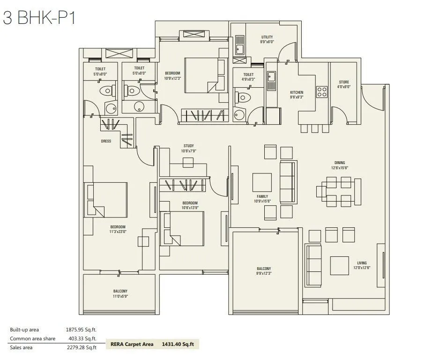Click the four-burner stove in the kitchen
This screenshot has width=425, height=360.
[x=321, y=92]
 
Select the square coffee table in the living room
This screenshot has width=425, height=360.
[x=339, y=265]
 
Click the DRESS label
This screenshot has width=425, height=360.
[x=106, y=141]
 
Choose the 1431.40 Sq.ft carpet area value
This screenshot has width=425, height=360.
[x=178, y=344]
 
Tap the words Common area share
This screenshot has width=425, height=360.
[x=33, y=338]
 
